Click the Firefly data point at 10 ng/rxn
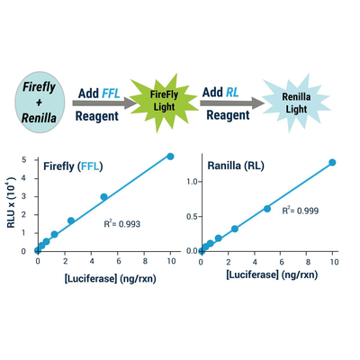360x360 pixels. (170, 156)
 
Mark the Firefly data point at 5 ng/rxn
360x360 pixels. (103, 197)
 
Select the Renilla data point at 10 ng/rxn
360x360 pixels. (332, 162)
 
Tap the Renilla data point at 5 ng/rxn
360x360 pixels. (267, 209)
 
